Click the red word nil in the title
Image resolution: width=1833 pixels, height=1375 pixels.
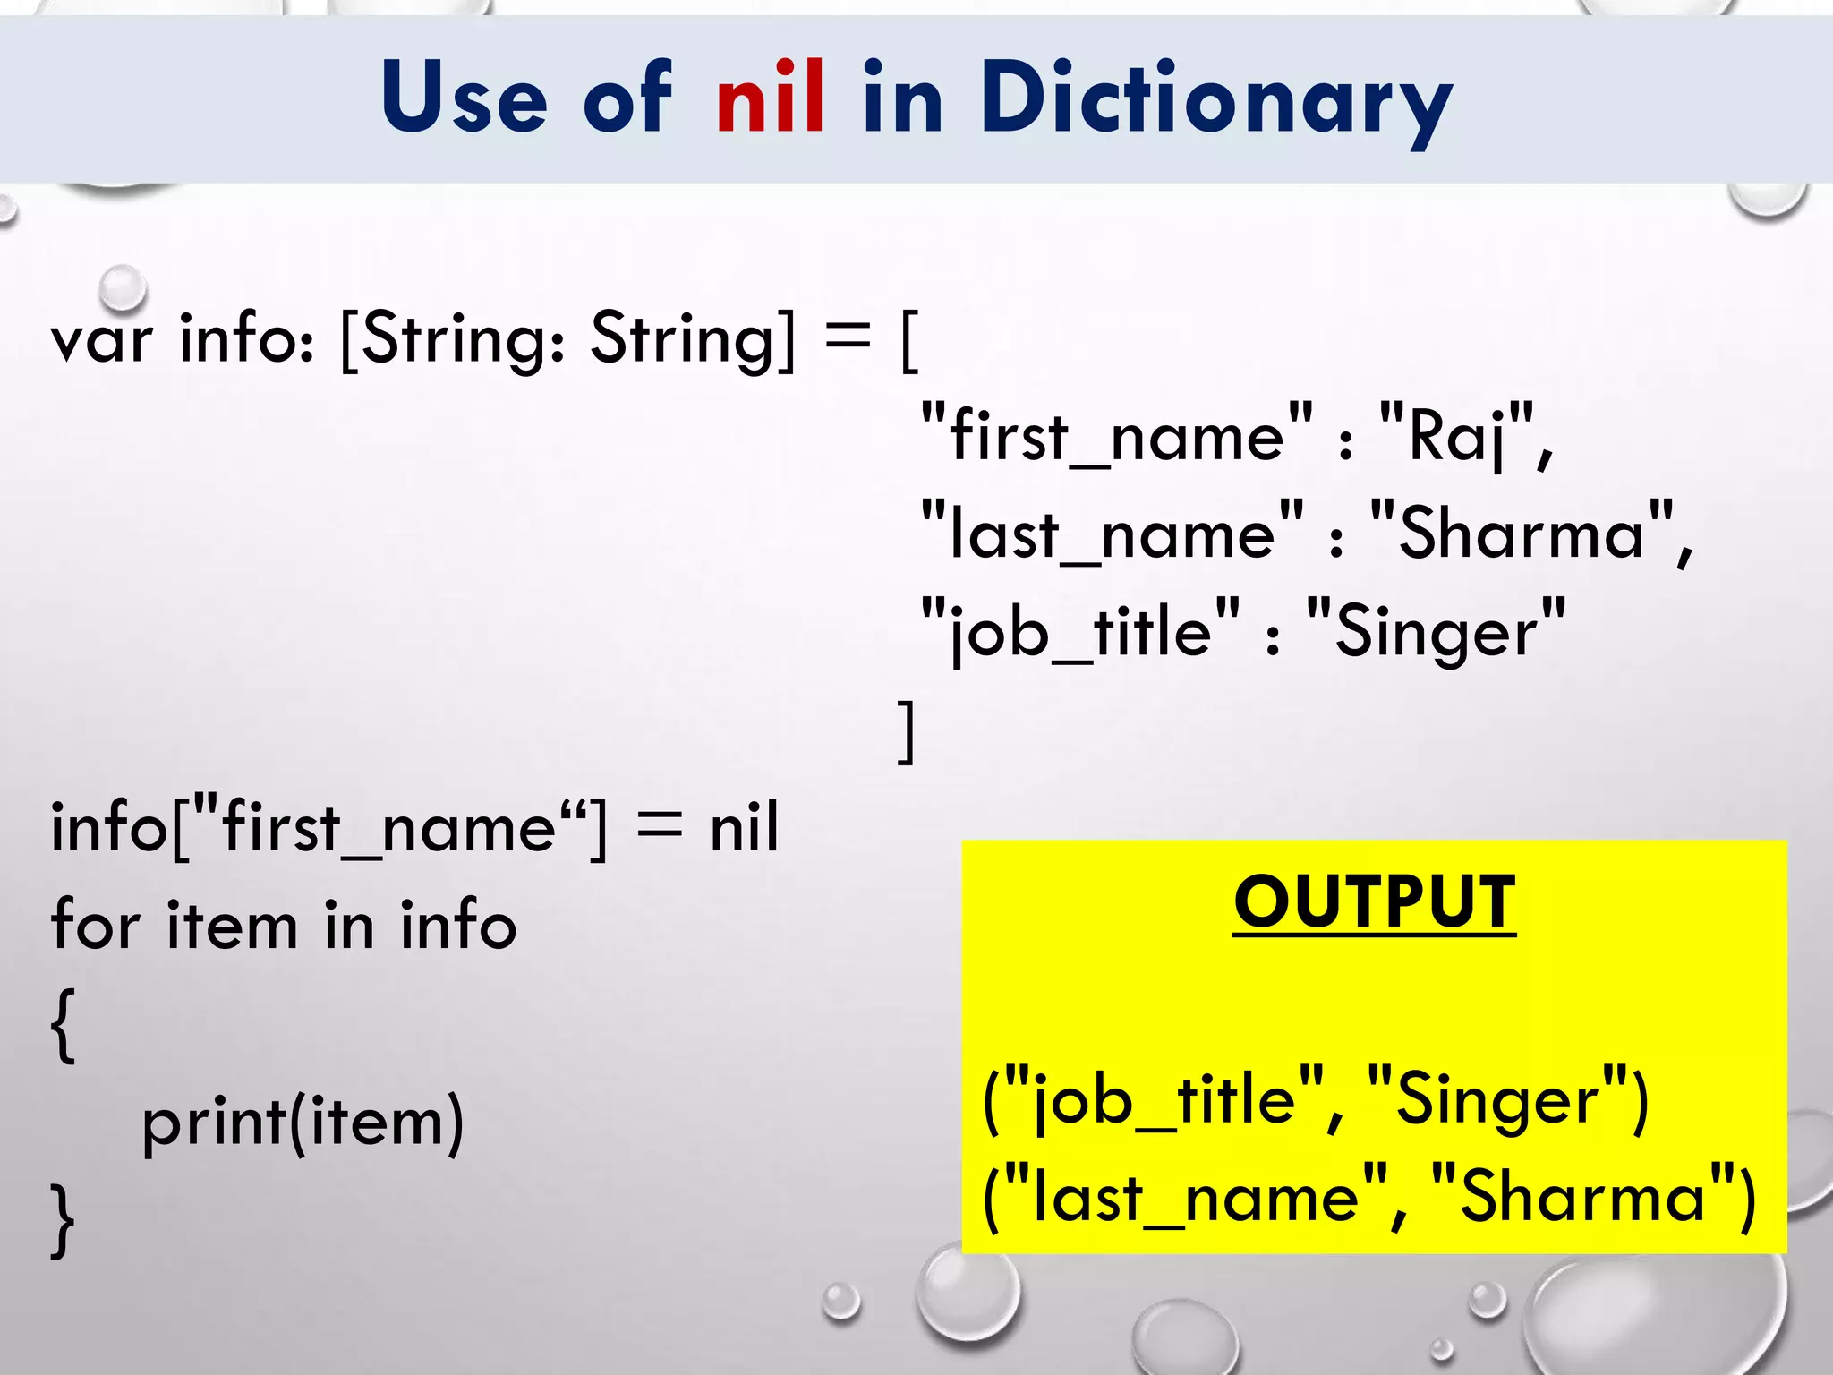(770, 97)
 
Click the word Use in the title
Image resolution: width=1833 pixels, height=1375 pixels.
(463, 97)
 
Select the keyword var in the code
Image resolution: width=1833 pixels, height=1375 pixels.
(101, 340)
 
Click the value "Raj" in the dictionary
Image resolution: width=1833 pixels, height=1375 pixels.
(1456, 436)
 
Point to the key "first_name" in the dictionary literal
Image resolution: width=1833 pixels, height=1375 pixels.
(1117, 436)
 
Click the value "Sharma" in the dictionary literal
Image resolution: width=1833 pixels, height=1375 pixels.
(1522, 534)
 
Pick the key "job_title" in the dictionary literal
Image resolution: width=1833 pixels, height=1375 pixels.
(1080, 631)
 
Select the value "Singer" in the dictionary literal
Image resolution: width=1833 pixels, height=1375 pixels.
(1437, 631)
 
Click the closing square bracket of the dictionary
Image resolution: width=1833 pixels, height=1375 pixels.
(907, 730)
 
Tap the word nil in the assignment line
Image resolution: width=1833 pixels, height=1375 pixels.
(744, 827)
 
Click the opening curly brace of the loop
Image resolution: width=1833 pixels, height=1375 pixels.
(63, 1025)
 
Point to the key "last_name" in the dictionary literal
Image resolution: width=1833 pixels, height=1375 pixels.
(1113, 534)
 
